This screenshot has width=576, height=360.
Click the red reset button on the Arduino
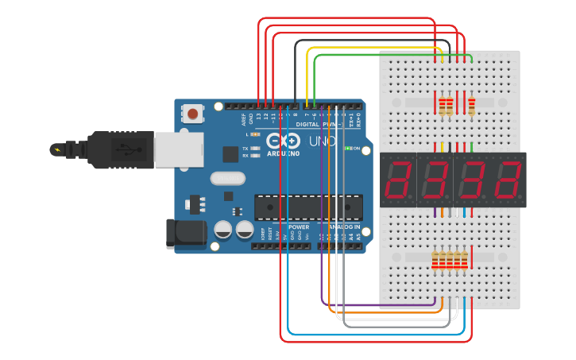pos(193,115)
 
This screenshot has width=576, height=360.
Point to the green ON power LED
pos(348,149)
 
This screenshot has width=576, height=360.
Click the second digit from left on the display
pos(435,180)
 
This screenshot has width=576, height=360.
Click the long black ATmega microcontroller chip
pos(308,207)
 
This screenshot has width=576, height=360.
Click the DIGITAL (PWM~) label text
pos(318,125)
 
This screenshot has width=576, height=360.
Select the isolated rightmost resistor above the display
pos(472,105)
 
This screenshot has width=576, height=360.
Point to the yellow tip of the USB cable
pos(56,149)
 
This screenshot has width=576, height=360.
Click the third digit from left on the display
pos(471,180)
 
